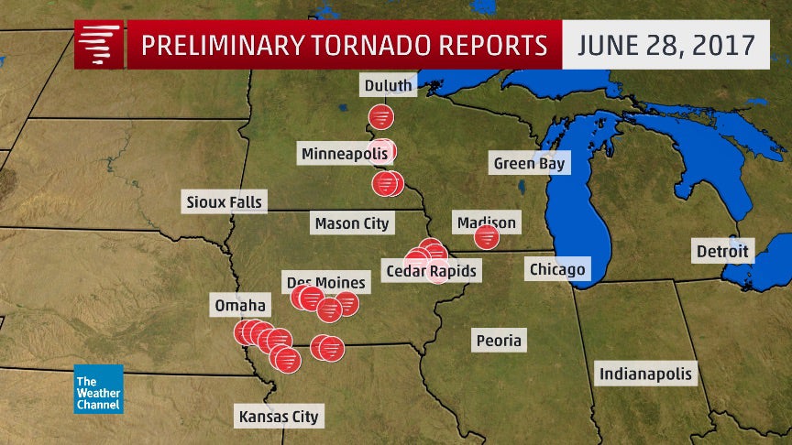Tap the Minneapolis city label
(x=338, y=153)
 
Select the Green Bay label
(x=530, y=164)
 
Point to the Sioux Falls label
(x=223, y=201)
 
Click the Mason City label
(x=351, y=222)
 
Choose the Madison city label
(x=486, y=222)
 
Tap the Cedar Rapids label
(x=432, y=271)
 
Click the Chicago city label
(x=556, y=269)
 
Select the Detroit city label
(x=721, y=250)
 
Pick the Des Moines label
(x=325, y=282)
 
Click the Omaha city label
(x=239, y=305)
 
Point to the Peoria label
(x=499, y=341)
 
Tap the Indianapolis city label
(x=645, y=374)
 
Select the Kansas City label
(x=278, y=417)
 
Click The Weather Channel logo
(x=98, y=389)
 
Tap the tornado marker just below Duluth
(x=381, y=117)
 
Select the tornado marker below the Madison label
(x=487, y=238)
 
